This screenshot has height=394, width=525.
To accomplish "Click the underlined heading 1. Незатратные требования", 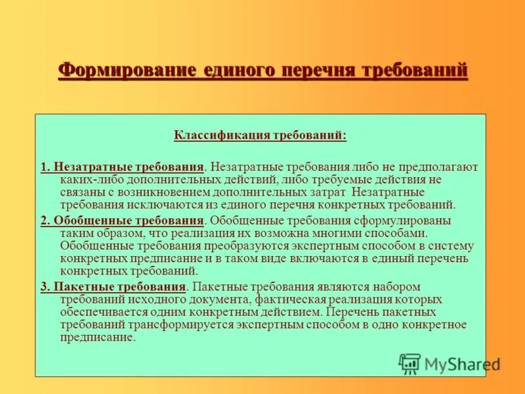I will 122,167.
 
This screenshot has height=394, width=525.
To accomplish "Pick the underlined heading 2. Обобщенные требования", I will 122,221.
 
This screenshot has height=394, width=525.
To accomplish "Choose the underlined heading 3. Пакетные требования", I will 114,288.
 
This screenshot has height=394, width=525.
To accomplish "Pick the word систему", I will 453,246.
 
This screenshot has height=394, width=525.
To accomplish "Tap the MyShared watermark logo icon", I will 409,363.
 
